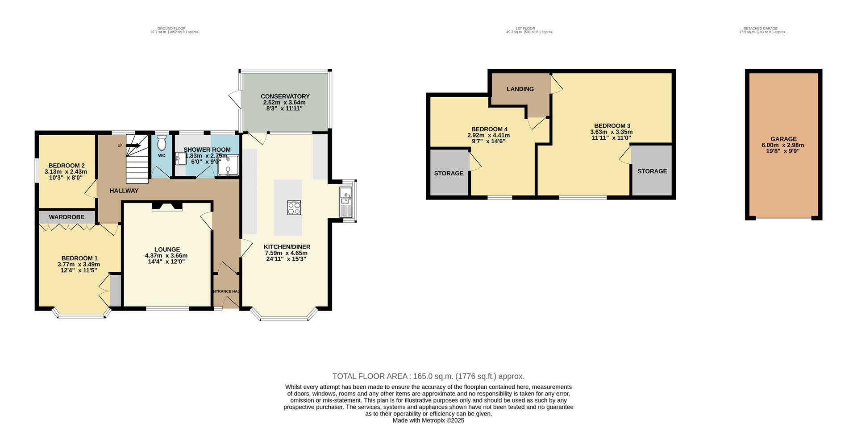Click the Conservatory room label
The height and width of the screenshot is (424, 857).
285,96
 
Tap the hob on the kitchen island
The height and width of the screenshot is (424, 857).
294,208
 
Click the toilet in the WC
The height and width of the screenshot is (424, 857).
162,141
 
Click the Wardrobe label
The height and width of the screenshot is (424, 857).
67,217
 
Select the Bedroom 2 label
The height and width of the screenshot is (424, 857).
67,166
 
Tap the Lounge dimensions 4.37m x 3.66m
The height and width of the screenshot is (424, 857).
166,256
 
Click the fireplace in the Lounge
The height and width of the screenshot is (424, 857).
167,206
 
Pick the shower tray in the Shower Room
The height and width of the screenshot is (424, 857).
228,163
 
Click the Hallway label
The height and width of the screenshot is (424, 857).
124,191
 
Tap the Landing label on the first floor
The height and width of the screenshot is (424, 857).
520,89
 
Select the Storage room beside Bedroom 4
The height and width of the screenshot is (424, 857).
449,173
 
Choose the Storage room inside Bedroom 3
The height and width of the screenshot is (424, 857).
652,171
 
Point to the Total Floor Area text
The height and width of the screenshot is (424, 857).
428,376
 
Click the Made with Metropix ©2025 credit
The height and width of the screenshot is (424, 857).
428,420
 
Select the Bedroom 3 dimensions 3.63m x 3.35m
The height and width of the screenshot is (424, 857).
611,132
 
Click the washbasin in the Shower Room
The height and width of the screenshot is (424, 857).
180,157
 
